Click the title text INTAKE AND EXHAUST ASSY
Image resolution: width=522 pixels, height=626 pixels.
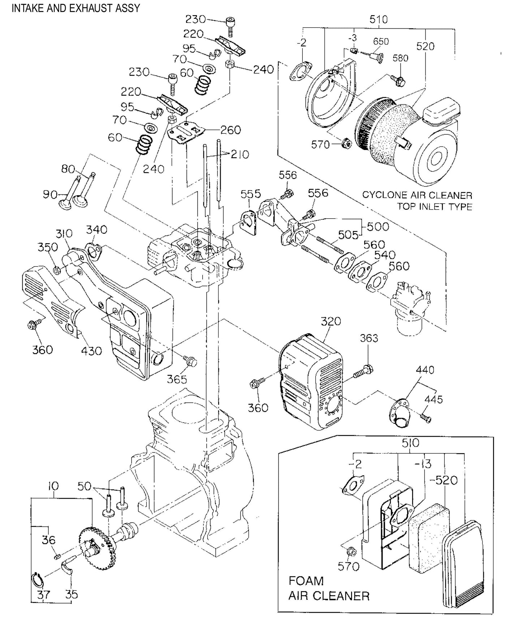pos(76,8)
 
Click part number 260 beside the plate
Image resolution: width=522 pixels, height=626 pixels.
pos(230,130)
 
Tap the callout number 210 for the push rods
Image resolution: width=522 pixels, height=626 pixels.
pos(240,155)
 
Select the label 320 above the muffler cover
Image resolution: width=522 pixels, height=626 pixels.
pos(331,321)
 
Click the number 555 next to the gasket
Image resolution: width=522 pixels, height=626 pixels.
pos(251,194)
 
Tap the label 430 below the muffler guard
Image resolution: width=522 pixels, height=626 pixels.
pos(91,351)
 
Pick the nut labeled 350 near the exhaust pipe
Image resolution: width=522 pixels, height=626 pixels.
pos(56,270)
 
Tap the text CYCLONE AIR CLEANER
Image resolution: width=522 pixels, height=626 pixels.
pos(417,195)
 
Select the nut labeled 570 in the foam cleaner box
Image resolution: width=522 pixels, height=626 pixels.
pos(350,552)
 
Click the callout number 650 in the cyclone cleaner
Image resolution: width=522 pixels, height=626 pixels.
pos(381,42)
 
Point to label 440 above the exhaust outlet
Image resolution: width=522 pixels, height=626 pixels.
pos(425,370)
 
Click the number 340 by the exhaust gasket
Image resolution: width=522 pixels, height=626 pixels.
pos(96,230)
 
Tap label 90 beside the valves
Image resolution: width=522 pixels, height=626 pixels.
pos(50,194)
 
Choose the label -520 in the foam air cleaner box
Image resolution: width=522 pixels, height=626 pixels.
pos(443,480)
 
